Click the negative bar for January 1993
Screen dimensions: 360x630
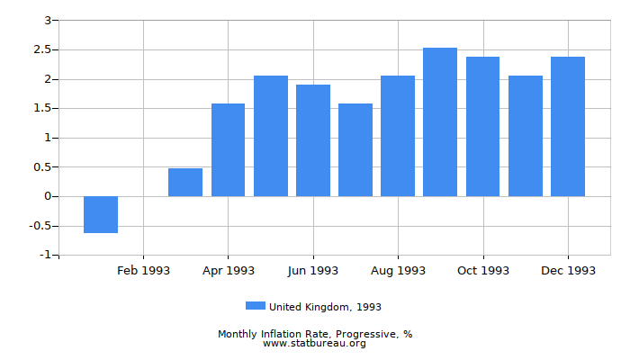pos(101,214)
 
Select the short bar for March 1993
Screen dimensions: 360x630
pos(185,183)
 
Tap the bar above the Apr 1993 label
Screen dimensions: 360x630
pos(228,149)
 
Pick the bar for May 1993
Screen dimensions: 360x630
pos(271,136)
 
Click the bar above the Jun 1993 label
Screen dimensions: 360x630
pos(313,140)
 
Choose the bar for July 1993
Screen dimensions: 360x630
pos(355,149)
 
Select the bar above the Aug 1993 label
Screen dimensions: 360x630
pos(398,136)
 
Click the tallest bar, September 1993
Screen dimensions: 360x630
pos(440,121)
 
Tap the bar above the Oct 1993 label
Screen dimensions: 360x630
pos(482,126)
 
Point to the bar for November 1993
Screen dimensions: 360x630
pos(526,136)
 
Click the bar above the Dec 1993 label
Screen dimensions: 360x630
pos(568,126)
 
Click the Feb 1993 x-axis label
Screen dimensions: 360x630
pos(143,270)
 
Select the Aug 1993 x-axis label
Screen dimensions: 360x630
pos(398,270)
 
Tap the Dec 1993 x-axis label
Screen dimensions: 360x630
pos(568,270)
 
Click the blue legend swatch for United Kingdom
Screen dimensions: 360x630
pos(256,306)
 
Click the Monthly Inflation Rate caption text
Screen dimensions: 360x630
pos(315,334)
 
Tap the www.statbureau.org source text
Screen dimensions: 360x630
pos(315,343)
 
